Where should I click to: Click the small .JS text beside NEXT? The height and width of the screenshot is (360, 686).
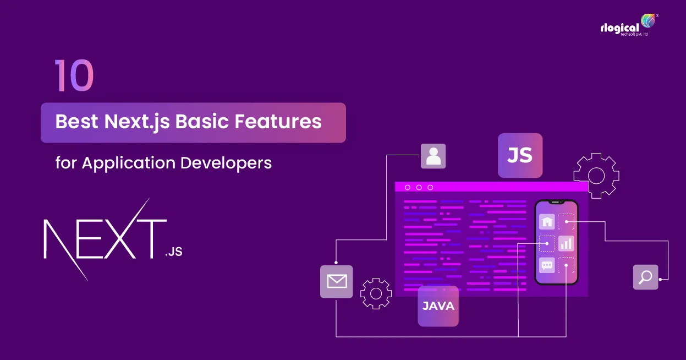(x=173, y=253)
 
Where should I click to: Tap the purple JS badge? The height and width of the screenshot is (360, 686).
(x=520, y=155)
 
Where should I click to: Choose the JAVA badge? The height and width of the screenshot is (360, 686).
(x=438, y=306)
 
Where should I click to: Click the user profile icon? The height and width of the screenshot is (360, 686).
(x=433, y=156)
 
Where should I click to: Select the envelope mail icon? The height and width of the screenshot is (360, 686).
(x=337, y=282)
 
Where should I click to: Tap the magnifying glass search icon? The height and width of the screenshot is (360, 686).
(x=645, y=277)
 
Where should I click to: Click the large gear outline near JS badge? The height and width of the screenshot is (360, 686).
(x=596, y=176)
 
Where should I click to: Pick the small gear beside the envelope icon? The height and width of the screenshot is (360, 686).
(x=376, y=293)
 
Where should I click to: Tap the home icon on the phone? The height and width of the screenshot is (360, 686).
(x=547, y=221)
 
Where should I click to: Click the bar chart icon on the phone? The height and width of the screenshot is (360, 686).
(x=566, y=243)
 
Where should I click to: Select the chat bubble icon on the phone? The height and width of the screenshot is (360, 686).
(x=547, y=265)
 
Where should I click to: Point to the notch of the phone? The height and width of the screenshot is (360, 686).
(x=556, y=202)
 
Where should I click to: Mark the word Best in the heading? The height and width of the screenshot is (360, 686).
(x=76, y=122)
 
